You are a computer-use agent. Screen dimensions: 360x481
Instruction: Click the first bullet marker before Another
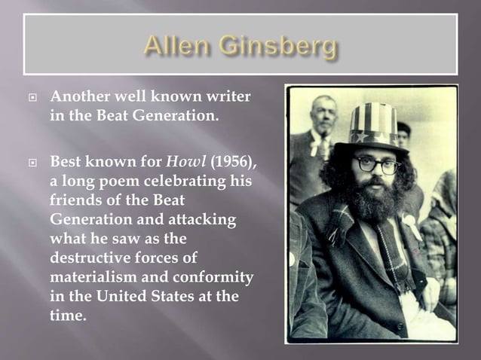tap(32, 99)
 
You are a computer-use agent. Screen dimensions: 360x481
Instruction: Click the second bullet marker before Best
tap(32, 162)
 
